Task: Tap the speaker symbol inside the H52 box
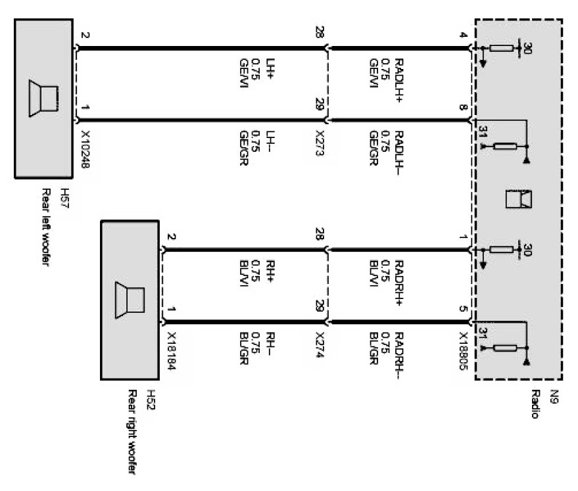pyautogui.click(x=129, y=300)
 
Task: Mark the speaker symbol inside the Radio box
pyautogui.click(x=518, y=199)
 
